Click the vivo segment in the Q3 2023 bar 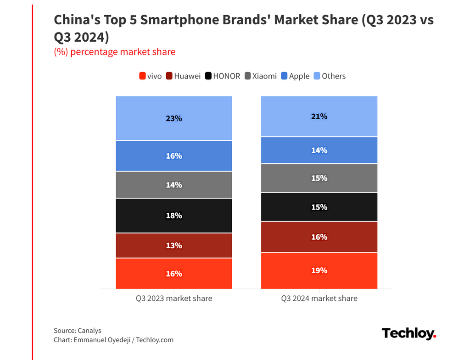coord(174,273)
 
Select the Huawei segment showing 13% coord(174,245)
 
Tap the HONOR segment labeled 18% coord(174,216)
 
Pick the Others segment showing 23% coord(174,118)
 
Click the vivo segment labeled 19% coord(319,271)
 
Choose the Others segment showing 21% coord(319,116)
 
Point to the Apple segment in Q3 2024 coord(319,150)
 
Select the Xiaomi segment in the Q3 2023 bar coord(174,185)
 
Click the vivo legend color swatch coord(142,76)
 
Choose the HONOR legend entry coord(223,76)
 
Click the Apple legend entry coord(295,76)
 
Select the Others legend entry coord(329,76)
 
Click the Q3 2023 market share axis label coord(174,299)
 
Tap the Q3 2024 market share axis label coord(319,299)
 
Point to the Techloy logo coord(409,333)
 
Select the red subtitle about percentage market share coord(115,52)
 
